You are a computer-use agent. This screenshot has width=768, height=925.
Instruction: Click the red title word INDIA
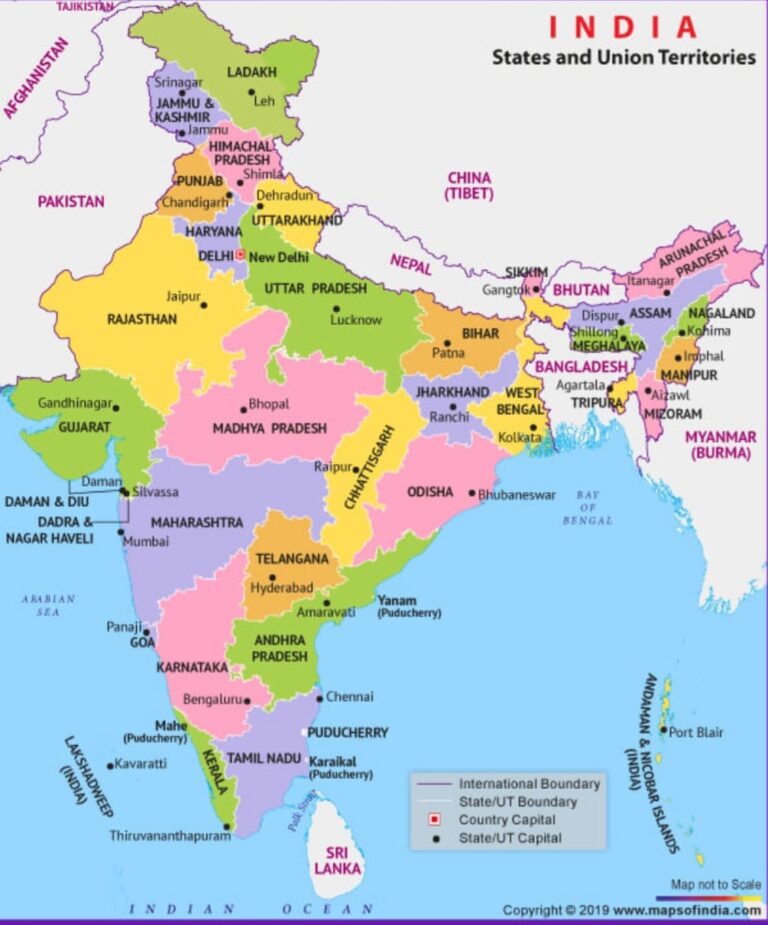pos(622,27)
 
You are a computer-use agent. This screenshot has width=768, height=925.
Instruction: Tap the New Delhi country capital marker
pos(240,256)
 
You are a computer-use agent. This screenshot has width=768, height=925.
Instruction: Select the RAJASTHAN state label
pos(142,319)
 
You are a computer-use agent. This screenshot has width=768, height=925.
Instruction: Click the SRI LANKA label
pos(337,860)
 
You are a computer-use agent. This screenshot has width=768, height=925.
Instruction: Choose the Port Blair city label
pos(696,732)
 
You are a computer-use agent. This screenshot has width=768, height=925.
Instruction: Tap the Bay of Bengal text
pos(587,507)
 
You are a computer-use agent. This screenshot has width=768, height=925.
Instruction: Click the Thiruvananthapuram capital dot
pos(228,826)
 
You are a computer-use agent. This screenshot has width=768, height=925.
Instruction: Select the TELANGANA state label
pos(291,558)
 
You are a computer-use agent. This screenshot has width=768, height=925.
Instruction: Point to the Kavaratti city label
pos(141,763)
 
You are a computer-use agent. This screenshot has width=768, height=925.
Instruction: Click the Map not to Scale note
pos(714,884)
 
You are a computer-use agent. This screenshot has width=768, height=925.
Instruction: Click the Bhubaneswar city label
pos(516,494)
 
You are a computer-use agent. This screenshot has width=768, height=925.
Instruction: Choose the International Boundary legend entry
pos(529,783)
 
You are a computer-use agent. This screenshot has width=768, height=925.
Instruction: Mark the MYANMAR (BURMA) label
pos(720,444)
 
